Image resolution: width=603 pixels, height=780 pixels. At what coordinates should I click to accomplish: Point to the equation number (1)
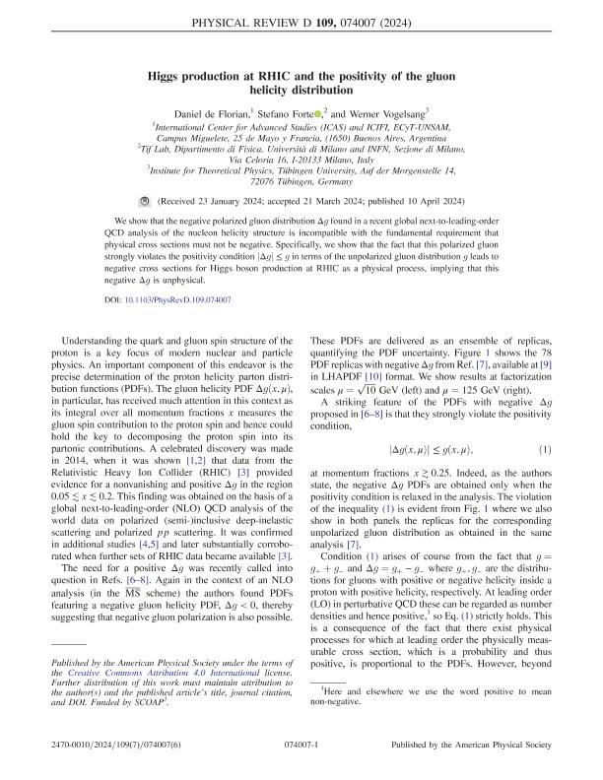(540, 478)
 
